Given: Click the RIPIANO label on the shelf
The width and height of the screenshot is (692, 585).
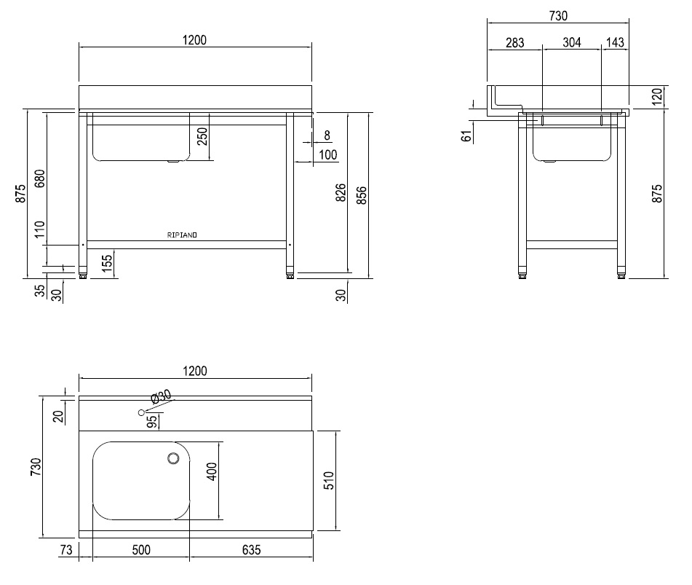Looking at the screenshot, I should pyautogui.click(x=183, y=235).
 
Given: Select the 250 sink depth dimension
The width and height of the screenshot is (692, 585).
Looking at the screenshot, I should pyautogui.click(x=203, y=136).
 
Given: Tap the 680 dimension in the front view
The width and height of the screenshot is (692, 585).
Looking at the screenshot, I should pyautogui.click(x=39, y=178).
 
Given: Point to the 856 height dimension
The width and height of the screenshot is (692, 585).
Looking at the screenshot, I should pyautogui.click(x=361, y=194).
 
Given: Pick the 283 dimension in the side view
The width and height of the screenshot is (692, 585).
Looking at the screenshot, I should pyautogui.click(x=514, y=43).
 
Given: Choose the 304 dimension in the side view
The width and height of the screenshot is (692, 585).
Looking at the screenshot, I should pyautogui.click(x=572, y=43).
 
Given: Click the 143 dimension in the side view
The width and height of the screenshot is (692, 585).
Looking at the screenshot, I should pyautogui.click(x=615, y=43).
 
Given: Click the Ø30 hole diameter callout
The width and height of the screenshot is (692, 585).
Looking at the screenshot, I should pyautogui.click(x=161, y=396).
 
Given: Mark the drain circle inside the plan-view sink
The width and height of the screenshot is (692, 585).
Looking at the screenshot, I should pyautogui.click(x=173, y=458).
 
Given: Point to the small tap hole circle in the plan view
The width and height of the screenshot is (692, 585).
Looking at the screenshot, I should pyautogui.click(x=141, y=413).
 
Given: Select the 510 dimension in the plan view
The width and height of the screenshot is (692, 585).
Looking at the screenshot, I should pyautogui.click(x=327, y=480).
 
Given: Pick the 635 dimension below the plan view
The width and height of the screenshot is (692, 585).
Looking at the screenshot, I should pyautogui.click(x=250, y=549).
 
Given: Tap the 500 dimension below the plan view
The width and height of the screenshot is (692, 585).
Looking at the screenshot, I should pyautogui.click(x=141, y=549).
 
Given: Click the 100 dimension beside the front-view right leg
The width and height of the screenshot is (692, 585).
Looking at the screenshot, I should pyautogui.click(x=327, y=154).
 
